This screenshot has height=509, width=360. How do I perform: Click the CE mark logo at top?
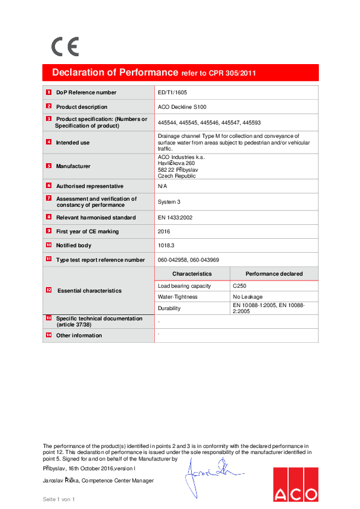(x=65, y=47)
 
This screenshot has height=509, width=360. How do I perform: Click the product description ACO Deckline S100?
(x=182, y=107)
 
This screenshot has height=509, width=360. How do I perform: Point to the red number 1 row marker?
(x=48, y=92)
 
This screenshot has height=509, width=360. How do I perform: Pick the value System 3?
(x=169, y=202)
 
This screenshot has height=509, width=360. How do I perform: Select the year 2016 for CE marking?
(x=163, y=232)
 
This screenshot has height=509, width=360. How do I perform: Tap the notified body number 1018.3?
(x=166, y=245)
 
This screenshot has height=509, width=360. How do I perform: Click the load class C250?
(x=240, y=285)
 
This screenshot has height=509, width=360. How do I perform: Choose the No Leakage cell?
(x=246, y=297)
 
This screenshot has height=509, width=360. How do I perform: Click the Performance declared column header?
(x=273, y=274)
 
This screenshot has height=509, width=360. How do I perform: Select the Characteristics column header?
(x=191, y=274)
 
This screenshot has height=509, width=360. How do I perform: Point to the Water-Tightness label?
(x=178, y=297)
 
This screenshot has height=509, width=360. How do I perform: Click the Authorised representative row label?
(x=90, y=186)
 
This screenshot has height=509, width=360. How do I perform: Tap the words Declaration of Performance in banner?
(x=115, y=73)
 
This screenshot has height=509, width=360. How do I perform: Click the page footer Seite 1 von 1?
(x=59, y=499)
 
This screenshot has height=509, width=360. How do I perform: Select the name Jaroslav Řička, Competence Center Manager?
(x=98, y=481)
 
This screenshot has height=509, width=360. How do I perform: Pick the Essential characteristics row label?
(x=89, y=291)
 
